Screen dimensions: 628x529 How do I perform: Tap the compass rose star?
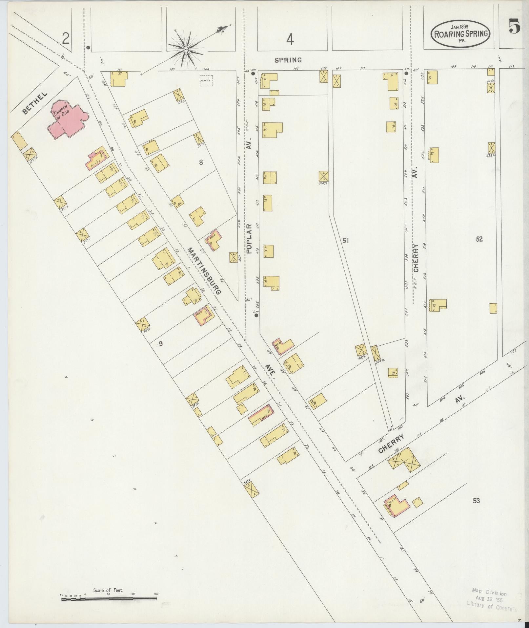pos(186,49)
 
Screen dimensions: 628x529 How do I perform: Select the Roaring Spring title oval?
pos(462,33)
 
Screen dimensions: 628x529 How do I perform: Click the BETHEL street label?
pos(35,103)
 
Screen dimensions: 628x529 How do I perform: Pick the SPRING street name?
pos(288,60)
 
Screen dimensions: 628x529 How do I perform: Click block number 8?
pos(201,162)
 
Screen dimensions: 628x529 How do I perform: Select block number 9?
pos(161,344)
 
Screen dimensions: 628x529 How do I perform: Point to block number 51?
pos(345,241)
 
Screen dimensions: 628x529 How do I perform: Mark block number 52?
pos(479,239)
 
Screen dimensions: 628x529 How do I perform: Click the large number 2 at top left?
pos(66,39)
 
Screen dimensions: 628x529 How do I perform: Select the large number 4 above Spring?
pos(290,40)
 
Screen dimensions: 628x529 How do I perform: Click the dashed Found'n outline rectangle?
pos(207,80)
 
